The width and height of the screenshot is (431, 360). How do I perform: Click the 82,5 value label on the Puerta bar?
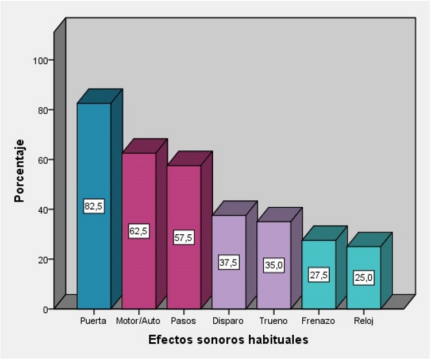(x=94, y=207)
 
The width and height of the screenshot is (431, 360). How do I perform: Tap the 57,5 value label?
(x=184, y=238)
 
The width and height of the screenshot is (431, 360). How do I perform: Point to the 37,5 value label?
(x=229, y=262)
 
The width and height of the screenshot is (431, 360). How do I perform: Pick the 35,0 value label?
(x=274, y=266)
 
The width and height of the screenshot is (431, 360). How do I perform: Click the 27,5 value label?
(x=318, y=275)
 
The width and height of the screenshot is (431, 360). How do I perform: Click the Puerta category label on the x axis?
(x=94, y=320)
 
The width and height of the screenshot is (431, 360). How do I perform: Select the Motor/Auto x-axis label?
(x=138, y=320)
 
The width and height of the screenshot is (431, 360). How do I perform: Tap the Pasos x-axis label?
(x=183, y=320)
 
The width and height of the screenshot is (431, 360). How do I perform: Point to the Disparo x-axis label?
(x=228, y=320)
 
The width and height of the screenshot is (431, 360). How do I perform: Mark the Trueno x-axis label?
(x=273, y=320)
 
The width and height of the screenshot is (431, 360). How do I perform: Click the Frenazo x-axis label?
(x=318, y=320)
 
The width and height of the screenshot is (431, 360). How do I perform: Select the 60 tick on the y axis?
(x=44, y=160)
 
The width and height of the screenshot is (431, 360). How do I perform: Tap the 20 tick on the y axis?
(x=44, y=260)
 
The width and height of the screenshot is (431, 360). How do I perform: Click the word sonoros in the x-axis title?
(x=217, y=340)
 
